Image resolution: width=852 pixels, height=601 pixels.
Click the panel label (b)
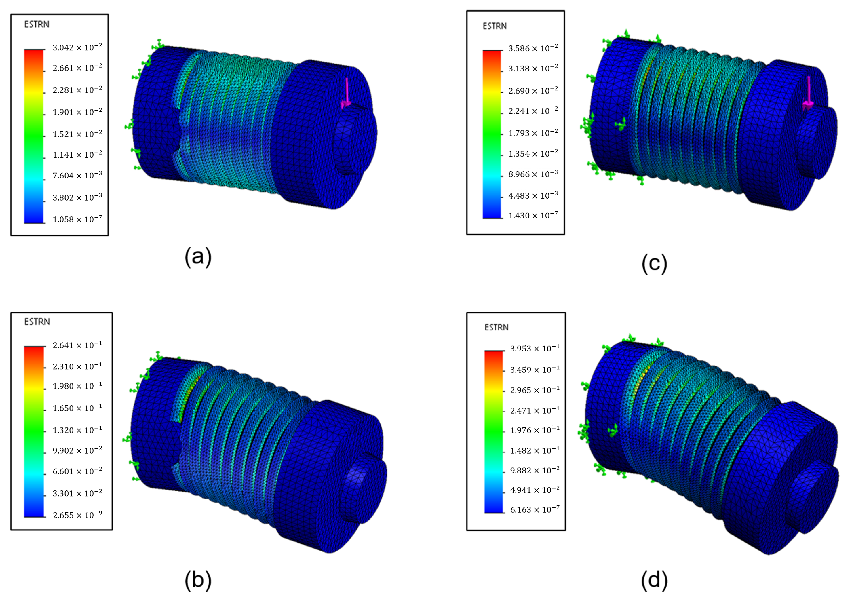click(198, 580)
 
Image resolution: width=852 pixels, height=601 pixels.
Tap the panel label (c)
click(655, 263)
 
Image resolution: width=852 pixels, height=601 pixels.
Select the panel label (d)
click(655, 580)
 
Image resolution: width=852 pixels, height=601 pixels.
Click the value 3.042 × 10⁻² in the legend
click(77, 47)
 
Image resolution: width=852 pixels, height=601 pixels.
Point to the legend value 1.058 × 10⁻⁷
click(77, 219)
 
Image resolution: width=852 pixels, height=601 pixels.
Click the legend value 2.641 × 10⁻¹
click(77, 345)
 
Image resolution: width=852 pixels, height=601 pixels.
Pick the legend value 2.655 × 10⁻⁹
click(77, 515)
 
